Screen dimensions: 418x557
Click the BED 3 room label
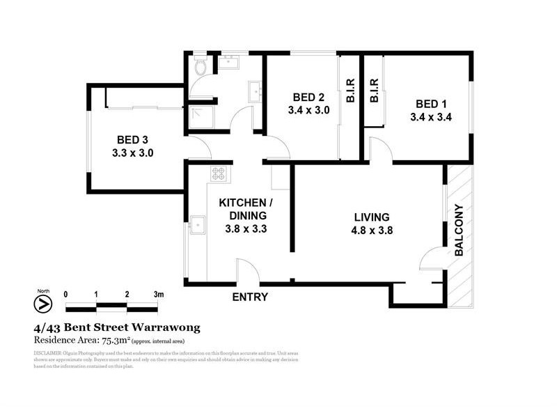132,139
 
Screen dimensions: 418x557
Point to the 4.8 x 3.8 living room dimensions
371,231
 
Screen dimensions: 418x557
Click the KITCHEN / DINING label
243,209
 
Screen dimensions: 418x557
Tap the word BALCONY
459,231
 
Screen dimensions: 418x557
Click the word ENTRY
250,297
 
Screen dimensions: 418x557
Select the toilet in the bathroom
201,66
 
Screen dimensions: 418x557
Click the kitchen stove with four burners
219,173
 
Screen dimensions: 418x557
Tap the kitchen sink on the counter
198,226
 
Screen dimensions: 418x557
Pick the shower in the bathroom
201,117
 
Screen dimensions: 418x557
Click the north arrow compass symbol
43,304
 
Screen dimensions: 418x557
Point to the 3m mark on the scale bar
158,295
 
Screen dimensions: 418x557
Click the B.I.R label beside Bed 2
350,90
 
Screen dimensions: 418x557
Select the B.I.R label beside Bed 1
374,90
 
